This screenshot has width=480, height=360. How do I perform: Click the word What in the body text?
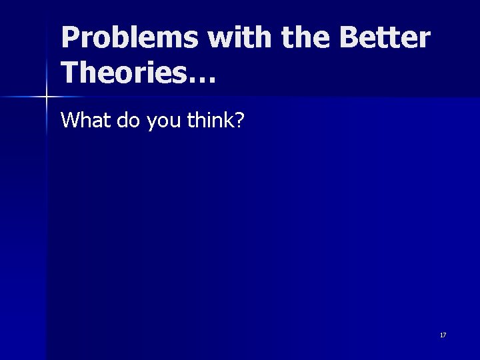pyautogui.click(x=81, y=120)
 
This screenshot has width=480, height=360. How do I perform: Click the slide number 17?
pyautogui.click(x=443, y=335)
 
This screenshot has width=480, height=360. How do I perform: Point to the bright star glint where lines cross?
pyautogui.click(x=46, y=97)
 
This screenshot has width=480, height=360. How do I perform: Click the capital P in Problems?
pyautogui.click(x=69, y=39)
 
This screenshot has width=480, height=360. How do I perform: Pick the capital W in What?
pyautogui.click(x=69, y=120)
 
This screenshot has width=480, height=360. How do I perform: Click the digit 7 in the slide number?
pyautogui.click(x=445, y=335)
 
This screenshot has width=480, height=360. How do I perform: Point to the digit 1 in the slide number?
pyautogui.click(x=441, y=335)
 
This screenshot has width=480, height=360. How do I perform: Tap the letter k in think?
pyautogui.click(x=227, y=120)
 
